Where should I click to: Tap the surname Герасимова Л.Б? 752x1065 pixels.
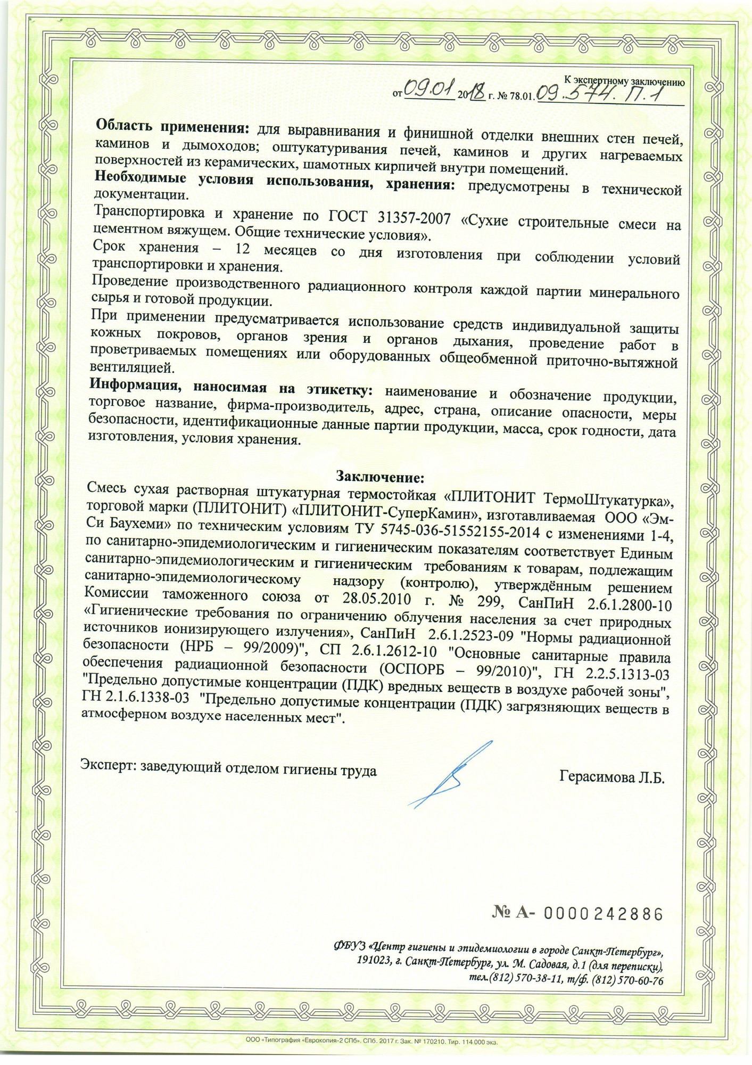coord(612,776)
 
